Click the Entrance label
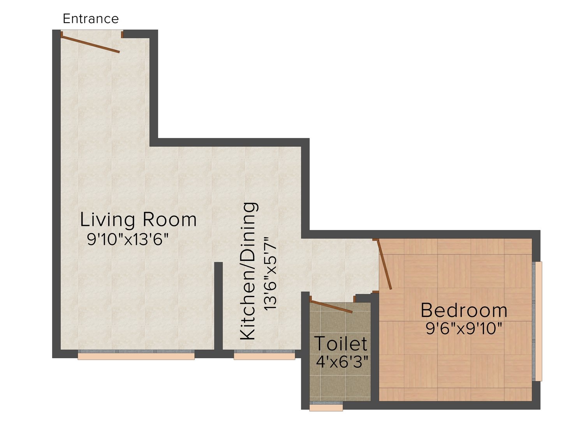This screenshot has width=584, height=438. pyautogui.click(x=90, y=19)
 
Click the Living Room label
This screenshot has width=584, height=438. pyautogui.click(x=138, y=220)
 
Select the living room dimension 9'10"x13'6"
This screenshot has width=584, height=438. pyautogui.click(x=128, y=239)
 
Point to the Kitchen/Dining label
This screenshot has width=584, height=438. pyautogui.click(x=249, y=271)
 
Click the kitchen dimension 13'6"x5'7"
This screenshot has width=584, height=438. pyautogui.click(x=270, y=274)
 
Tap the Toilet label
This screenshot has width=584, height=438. pyautogui.click(x=341, y=344)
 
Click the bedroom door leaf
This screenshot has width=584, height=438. pyautogui.click(x=384, y=264)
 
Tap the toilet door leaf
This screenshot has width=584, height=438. pyautogui.click(x=331, y=306)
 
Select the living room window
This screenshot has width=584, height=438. pyautogui.click(x=136, y=355)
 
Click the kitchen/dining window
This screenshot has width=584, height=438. pyautogui.click(x=264, y=355)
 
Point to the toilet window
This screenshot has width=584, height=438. pyautogui.click(x=326, y=406)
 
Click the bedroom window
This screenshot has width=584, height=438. pyautogui.click(x=537, y=322)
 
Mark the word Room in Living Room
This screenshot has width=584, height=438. pyautogui.click(x=170, y=220)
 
